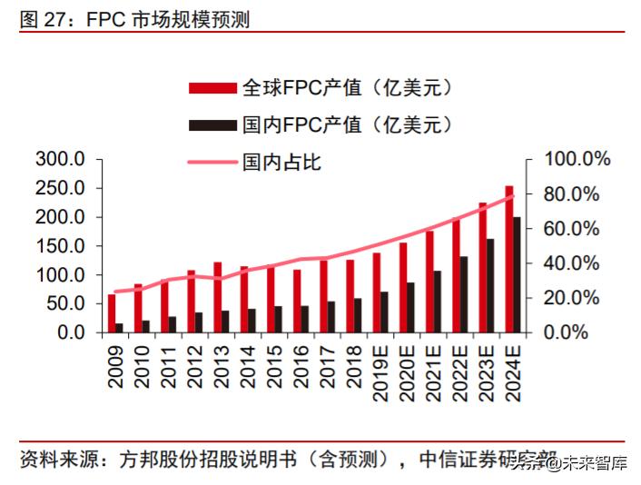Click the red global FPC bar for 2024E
point(509,260)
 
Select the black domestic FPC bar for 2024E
point(518,275)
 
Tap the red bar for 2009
point(112,313)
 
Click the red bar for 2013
point(217,297)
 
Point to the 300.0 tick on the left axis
point(60,160)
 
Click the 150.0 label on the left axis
point(60,246)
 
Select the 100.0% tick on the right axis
point(577,160)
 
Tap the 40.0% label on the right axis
point(577,263)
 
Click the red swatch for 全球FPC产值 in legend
point(212,88)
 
